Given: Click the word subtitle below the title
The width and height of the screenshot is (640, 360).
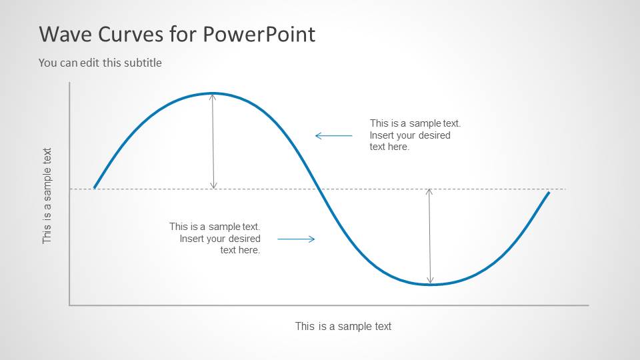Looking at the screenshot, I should [x=142, y=63].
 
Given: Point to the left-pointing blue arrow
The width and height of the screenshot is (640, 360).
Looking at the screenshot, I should [x=333, y=135].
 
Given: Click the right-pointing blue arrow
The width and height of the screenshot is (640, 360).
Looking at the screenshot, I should [x=295, y=239].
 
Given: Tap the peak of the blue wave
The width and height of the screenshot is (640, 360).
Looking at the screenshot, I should [x=213, y=93].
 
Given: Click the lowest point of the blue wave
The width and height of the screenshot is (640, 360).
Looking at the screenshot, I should [x=431, y=285].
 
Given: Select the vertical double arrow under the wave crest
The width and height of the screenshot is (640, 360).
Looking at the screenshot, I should [x=213, y=141].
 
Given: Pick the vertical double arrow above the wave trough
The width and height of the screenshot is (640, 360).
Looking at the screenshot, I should [x=430, y=236].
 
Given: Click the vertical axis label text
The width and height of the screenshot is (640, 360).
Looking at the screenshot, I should [x=47, y=195].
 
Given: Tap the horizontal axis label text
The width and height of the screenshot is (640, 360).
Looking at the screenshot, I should [x=343, y=326].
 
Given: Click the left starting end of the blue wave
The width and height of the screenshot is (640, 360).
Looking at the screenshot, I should [x=95, y=188].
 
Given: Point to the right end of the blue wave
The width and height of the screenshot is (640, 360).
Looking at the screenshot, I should [x=549, y=192].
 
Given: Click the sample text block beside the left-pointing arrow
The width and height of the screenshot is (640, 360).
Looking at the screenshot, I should [x=415, y=135].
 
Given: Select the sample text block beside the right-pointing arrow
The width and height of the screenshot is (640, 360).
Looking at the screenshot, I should [x=215, y=238].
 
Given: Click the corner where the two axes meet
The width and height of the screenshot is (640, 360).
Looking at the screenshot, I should [x=69, y=305].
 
